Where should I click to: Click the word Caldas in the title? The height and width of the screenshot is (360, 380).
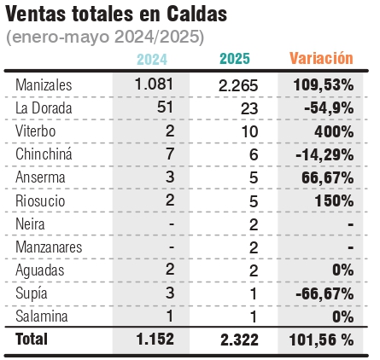coord(196,14)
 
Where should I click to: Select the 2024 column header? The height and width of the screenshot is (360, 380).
coord(152,60)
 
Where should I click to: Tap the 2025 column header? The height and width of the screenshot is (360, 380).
coord(235,59)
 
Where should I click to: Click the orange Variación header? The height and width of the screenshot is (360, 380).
coord(321,58)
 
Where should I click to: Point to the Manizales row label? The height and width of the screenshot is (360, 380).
coord(44,84)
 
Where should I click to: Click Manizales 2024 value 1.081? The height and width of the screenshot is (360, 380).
coord(154,84)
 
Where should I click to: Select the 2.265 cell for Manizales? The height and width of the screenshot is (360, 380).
coord(238,85)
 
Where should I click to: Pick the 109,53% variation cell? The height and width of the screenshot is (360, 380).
coord(324,85)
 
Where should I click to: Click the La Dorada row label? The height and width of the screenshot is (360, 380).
coord(44,108)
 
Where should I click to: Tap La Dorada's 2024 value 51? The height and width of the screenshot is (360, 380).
coord(165,107)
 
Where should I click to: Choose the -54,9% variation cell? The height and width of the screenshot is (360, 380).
coord(329,108)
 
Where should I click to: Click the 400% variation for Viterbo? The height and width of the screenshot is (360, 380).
coord(334,131)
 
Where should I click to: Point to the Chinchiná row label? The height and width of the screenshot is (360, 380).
coord(44,154)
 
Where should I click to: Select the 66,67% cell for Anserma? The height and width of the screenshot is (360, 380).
coord(328,178)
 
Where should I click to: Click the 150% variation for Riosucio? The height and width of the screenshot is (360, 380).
coord(334,201)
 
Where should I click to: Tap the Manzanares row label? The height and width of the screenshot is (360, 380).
coord(49,247)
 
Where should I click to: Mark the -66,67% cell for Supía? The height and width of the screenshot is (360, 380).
coord(324,293)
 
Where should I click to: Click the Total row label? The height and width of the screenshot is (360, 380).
coord(32,339)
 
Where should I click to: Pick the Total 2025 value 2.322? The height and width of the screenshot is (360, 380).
coord(239,340)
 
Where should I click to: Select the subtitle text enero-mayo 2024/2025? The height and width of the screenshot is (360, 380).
coord(105,37)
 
